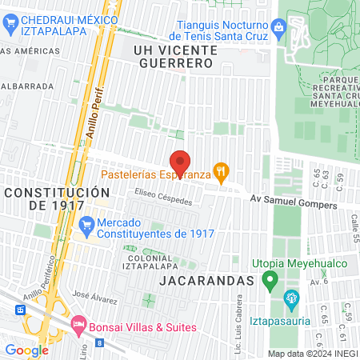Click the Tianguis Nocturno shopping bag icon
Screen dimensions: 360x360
tap(278, 30)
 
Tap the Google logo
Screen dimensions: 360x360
tap(26, 350)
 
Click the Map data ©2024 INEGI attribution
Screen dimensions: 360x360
tap(312, 354)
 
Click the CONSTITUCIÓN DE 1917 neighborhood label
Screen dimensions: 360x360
tap(56, 199)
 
